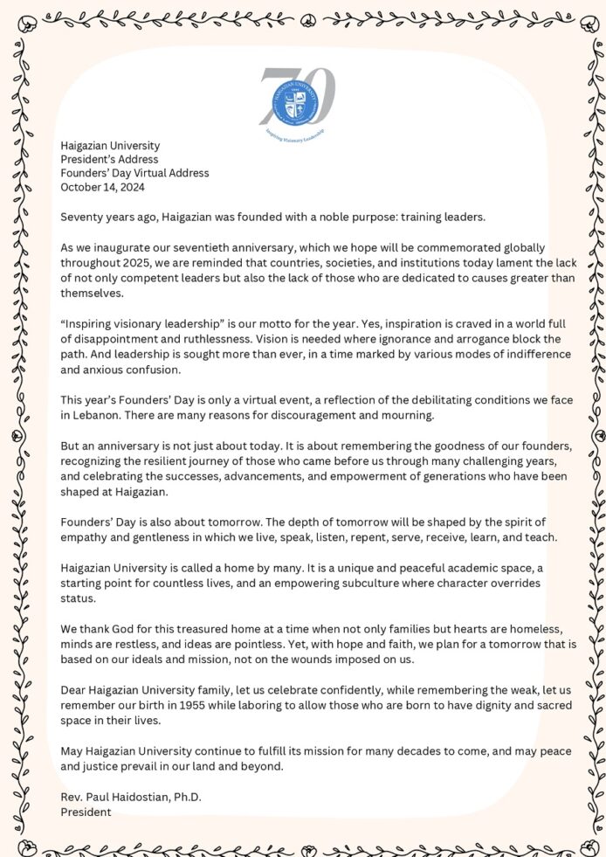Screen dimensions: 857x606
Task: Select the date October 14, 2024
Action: coord(102,187)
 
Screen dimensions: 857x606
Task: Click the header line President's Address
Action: coord(109,159)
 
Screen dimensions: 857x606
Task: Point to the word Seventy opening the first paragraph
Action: coord(81,215)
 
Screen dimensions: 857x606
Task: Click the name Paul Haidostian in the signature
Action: coord(127,798)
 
